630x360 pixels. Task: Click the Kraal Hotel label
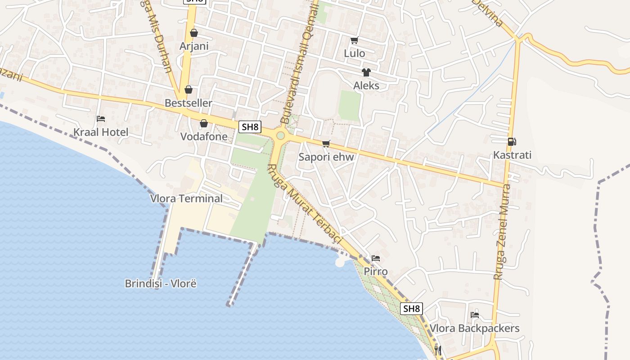(101, 132)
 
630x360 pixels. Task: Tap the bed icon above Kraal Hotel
(101, 119)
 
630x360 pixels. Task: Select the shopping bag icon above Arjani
(194, 33)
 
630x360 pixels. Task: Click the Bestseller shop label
(188, 103)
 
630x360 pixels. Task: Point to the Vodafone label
(204, 136)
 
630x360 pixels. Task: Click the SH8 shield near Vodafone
(250, 127)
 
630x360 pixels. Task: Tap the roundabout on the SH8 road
(280, 135)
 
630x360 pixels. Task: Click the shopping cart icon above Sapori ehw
(326, 144)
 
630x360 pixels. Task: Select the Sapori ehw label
(326, 157)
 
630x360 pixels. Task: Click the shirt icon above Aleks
(366, 72)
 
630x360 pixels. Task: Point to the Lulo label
(354, 53)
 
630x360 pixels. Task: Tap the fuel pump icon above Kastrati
(512, 142)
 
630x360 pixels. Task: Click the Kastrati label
(512, 155)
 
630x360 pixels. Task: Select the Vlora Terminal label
(186, 198)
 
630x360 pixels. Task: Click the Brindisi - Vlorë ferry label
(161, 283)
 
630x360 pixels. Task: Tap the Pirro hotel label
(376, 272)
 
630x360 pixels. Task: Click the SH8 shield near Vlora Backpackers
(411, 309)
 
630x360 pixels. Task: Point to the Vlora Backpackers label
(474, 328)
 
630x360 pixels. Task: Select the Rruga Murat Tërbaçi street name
(304, 205)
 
